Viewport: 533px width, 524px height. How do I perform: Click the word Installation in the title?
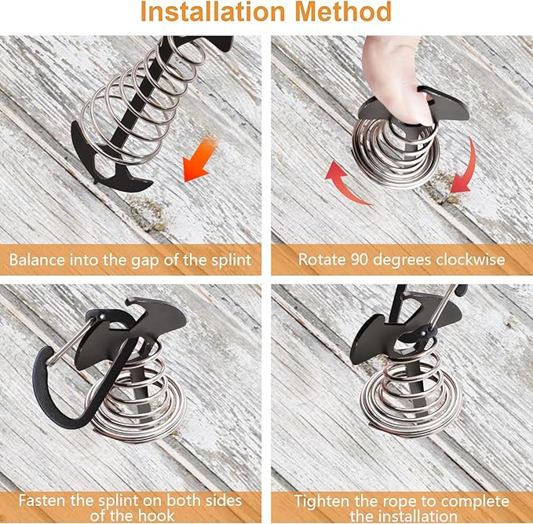pos(214,12)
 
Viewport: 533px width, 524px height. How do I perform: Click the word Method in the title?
pos(343,12)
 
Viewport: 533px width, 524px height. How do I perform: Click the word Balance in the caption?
pos(37,260)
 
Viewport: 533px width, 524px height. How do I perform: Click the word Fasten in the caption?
pos(42,501)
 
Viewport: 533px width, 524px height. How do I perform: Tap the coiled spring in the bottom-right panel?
pos(411,398)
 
